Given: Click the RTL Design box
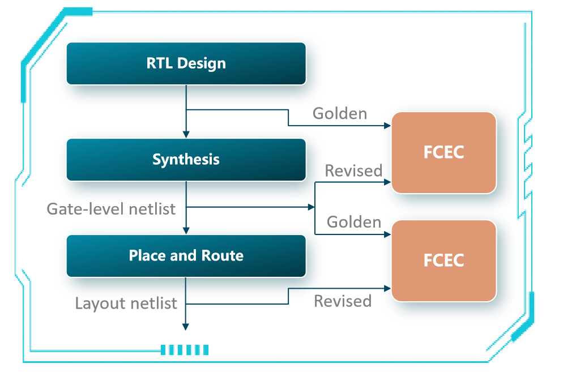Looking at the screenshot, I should (186, 63).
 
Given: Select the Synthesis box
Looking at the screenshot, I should (186, 159).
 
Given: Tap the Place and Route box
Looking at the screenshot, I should (186, 255).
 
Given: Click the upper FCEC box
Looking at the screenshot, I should (443, 152).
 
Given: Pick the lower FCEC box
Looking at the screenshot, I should (443, 260).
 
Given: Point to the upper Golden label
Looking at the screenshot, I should (340, 114).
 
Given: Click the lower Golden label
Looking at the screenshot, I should (354, 222).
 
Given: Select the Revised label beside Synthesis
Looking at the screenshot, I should (353, 171).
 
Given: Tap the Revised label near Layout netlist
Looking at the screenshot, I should (343, 301).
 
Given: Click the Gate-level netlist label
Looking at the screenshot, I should (111, 209).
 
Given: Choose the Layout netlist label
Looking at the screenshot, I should (126, 304).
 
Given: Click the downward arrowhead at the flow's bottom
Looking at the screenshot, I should (185, 327).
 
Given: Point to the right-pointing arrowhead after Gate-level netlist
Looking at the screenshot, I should (311, 208).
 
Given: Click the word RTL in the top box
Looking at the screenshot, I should (159, 63).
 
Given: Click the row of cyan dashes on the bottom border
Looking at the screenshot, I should (185, 350).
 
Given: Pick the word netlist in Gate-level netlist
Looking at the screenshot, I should (152, 209).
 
